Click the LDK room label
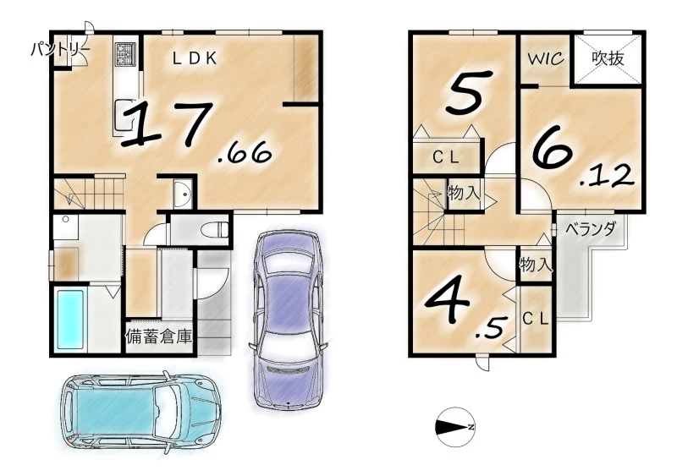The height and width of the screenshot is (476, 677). (195, 58)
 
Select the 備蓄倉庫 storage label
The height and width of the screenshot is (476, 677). (159, 336)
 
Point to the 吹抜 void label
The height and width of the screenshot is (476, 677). (608, 58)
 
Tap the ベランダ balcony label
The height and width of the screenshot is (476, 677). (590, 229)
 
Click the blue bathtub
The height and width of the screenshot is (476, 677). (70, 319)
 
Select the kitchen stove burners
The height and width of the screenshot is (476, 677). (125, 54)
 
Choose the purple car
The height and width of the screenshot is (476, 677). (288, 320)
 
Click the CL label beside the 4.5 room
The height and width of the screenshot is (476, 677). (536, 319)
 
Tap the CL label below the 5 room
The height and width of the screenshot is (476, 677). (447, 158)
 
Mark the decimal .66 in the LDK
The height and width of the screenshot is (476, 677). (245, 154)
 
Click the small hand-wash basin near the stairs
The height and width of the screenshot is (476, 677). (183, 194)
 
